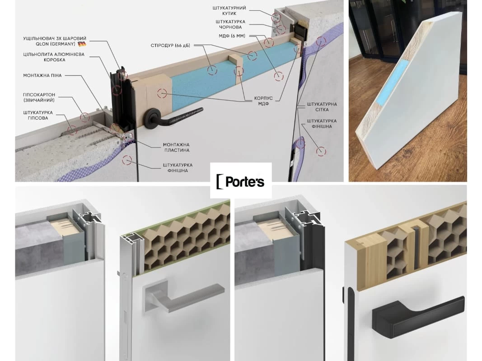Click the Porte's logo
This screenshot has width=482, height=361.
(241, 181)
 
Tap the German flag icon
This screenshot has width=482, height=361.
(82, 44)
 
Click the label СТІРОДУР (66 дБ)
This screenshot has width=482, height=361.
(170, 46)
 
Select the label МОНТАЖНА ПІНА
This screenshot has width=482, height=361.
(42, 75)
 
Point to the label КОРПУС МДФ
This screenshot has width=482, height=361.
(263, 101)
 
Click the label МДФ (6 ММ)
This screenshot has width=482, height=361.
(232, 36)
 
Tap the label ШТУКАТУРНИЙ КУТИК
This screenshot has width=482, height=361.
(229, 11)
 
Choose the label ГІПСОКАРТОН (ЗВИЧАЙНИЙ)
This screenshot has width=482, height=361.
(39, 97)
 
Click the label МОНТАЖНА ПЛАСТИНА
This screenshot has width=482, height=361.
(176, 148)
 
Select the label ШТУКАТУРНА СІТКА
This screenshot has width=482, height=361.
(322, 107)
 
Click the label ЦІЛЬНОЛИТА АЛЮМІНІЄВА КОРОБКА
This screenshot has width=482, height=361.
(54, 57)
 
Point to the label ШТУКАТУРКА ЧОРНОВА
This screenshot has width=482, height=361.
(230, 24)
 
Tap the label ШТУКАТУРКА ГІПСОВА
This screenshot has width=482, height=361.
(38, 115)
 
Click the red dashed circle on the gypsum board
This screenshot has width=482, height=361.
(84, 117)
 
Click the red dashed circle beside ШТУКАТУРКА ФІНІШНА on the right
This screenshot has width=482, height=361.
(321, 151)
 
